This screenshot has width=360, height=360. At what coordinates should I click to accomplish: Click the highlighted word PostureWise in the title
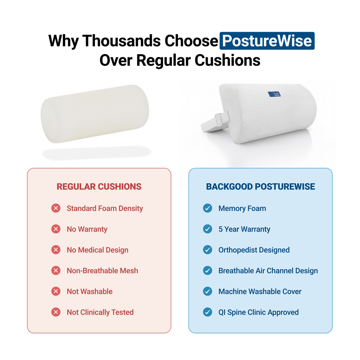coord(267,41)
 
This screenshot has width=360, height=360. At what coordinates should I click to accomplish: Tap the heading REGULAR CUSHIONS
coord(99,187)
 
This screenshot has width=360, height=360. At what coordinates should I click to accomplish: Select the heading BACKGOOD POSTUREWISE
coord(261,187)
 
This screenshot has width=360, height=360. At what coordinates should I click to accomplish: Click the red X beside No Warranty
coord(56,229)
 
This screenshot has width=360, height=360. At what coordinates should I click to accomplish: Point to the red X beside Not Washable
coord(56,291)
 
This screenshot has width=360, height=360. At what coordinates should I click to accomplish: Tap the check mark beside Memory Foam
coord(208,208)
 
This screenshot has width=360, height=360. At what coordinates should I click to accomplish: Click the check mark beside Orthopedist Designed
coord(208,250)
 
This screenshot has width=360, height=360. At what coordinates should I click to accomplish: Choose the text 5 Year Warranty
coord(244,229)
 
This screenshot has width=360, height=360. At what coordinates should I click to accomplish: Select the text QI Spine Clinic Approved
coord(258,312)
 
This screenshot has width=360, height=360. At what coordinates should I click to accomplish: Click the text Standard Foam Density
coord(105,208)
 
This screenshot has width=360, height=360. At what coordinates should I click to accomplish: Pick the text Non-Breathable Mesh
coord(102,271)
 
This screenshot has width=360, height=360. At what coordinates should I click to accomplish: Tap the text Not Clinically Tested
coord(100,312)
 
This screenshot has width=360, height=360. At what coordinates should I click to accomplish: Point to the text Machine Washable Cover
coord(260,291)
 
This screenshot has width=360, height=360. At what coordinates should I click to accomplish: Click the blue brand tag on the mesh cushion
coord(274,94)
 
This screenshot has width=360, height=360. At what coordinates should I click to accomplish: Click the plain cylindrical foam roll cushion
coord(95,114)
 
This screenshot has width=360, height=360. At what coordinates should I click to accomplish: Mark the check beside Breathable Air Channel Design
coord(208,271)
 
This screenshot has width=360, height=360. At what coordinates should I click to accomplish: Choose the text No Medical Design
coord(97,250)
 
